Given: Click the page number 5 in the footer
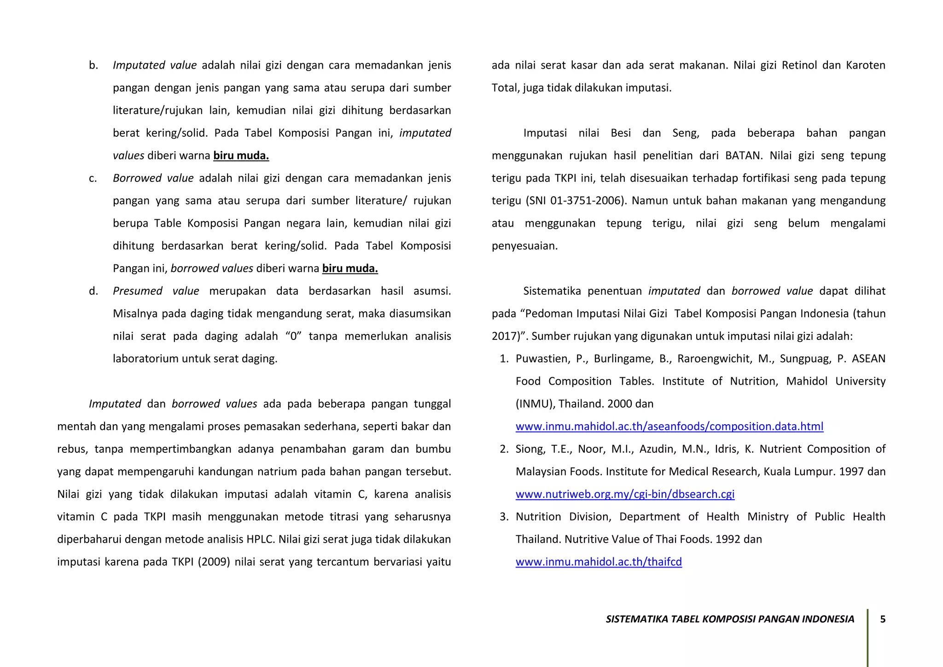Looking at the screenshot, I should pyautogui.click(x=883, y=619).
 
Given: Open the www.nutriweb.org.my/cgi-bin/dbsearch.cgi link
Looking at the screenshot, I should pyautogui.click(x=625, y=494).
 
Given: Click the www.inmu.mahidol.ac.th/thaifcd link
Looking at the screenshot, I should pyautogui.click(x=598, y=562).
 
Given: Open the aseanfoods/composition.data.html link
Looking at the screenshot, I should pyautogui.click(x=669, y=427).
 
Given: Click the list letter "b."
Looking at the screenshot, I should pyautogui.click(x=93, y=65).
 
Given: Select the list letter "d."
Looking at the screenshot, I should pyautogui.click(x=93, y=291).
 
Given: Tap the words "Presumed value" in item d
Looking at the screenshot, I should pyautogui.click(x=156, y=291).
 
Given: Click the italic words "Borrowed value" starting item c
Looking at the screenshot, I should pyautogui.click(x=153, y=178).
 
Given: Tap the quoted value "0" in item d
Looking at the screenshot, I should pyautogui.click(x=293, y=336).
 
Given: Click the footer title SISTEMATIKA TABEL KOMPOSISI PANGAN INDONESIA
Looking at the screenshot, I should pyautogui.click(x=729, y=619).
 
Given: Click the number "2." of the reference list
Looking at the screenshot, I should pyautogui.click(x=504, y=449).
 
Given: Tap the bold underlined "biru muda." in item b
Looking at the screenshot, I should pyautogui.click(x=241, y=156).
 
